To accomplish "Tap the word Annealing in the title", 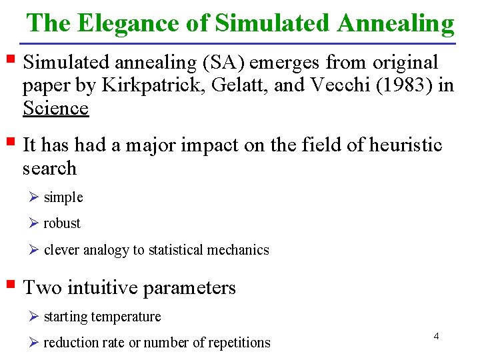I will coord(396,23).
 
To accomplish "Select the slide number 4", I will coord(436,336).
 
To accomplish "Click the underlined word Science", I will coord(55,107).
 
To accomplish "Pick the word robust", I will coord(62,223).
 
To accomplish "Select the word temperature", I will coord(127,317).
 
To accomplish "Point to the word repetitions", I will coord(239,343).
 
